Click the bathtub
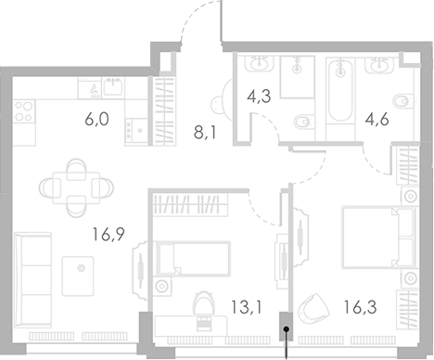pos(342,92)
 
